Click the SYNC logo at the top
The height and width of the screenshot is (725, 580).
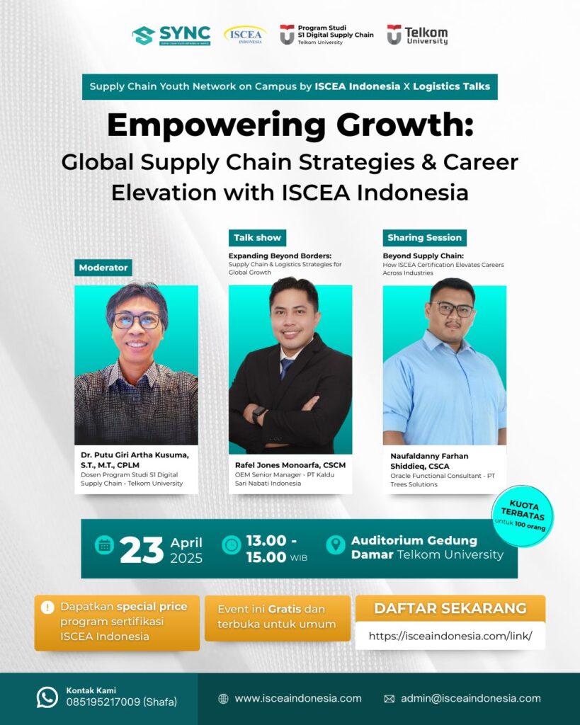click(x=171, y=35)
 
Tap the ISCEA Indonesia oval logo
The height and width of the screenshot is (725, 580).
click(x=245, y=35)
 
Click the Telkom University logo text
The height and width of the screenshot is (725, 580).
click(x=426, y=35)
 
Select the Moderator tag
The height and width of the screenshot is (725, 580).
click(x=103, y=268)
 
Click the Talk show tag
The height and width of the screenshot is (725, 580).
click(x=257, y=238)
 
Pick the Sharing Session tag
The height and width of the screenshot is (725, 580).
click(x=425, y=238)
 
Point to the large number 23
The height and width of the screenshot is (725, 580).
click(x=142, y=550)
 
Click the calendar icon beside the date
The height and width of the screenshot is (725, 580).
click(x=105, y=546)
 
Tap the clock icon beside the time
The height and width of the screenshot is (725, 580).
click(x=232, y=545)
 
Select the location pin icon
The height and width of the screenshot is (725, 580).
click(x=336, y=545)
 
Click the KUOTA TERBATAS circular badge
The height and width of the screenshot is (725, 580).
click(x=522, y=515)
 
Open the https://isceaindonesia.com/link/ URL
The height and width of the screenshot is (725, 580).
click(x=450, y=636)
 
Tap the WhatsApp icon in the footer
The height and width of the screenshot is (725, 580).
click(x=47, y=697)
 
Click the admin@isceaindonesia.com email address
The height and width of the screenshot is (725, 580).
click(x=471, y=698)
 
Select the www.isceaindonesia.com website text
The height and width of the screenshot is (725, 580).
click(x=298, y=698)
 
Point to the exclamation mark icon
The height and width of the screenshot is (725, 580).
click(x=47, y=607)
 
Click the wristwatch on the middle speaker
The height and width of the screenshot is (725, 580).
click(x=258, y=413)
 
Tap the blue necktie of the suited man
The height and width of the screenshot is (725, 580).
click(x=286, y=368)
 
